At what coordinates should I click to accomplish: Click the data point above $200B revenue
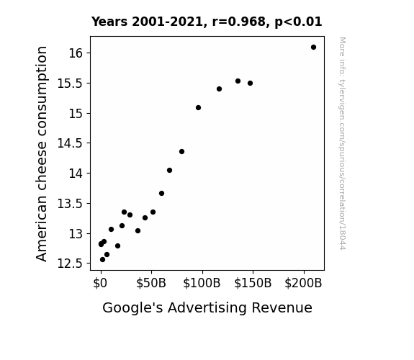click(313, 48)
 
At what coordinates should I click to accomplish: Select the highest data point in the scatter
click(313, 48)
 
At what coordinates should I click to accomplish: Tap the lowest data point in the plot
click(102, 260)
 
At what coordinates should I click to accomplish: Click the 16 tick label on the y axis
click(76, 53)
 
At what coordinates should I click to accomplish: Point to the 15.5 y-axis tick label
click(70, 84)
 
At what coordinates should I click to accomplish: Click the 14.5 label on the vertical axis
click(70, 143)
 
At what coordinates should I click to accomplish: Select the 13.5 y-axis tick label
click(70, 204)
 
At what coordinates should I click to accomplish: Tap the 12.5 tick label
click(70, 264)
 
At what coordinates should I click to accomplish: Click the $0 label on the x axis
click(100, 283)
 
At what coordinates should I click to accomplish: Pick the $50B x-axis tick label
click(151, 283)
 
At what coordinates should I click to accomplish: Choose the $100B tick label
click(202, 283)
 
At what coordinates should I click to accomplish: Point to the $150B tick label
click(253, 283)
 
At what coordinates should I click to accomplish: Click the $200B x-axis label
click(303, 283)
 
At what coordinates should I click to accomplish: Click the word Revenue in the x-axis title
click(282, 307)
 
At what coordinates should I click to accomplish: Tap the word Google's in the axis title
click(132, 308)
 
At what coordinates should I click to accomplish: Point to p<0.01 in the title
click(298, 22)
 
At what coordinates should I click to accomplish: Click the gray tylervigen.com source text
click(342, 143)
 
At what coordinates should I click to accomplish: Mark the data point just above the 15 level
click(198, 108)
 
